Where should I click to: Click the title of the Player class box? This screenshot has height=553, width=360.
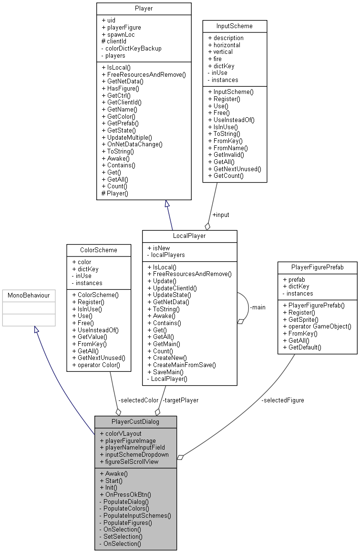click(144, 8)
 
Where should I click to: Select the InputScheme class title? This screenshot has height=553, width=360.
click(234, 25)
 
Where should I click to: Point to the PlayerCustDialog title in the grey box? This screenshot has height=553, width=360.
click(135, 421)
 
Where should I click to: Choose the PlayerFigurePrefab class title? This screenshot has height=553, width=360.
click(317, 267)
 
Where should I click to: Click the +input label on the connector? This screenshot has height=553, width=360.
click(221, 215)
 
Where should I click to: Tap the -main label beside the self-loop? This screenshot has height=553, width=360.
click(257, 307)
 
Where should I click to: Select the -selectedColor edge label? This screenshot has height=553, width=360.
click(138, 400)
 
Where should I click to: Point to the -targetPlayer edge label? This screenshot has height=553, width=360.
click(180, 400)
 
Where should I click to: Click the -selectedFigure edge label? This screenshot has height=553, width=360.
click(282, 400)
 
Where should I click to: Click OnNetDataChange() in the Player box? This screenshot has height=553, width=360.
click(134, 144)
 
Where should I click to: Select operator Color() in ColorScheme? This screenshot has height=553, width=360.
click(95, 365)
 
